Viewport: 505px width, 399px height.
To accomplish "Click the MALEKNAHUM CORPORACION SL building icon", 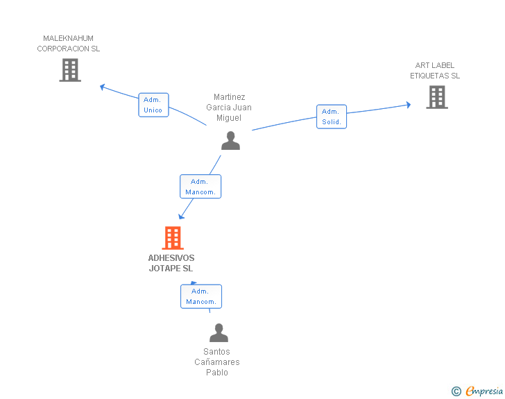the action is tap(70, 70).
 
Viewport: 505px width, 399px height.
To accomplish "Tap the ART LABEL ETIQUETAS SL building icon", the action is tap(437, 97).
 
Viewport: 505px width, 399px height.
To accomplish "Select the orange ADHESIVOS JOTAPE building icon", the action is tap(173, 238).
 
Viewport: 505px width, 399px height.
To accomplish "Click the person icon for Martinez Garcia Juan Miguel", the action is tap(230, 141).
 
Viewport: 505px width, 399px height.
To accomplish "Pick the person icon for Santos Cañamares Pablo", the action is tap(219, 332).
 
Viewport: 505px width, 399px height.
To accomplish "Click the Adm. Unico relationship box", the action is tap(153, 105).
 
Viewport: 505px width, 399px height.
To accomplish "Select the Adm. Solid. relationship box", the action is tap(332, 117).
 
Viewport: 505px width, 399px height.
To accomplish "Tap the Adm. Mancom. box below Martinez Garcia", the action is tap(200, 187).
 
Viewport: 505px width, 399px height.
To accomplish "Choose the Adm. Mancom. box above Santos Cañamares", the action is tap(201, 296).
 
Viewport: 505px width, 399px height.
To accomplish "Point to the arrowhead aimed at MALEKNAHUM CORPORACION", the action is tap(103, 87).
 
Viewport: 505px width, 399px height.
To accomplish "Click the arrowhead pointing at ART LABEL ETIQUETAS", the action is tap(409, 105).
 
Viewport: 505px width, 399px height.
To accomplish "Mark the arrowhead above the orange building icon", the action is tap(181, 217).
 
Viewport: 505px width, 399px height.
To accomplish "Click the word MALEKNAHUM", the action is tap(68, 38).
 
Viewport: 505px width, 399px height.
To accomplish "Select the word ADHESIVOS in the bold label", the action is tap(171, 258).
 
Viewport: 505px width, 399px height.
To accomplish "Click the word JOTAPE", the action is tap(165, 268).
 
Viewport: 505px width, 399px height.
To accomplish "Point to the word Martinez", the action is tap(230, 97).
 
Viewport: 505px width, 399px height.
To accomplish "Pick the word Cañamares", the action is tap(217, 362).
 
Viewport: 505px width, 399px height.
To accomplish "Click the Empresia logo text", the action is tap(484, 391).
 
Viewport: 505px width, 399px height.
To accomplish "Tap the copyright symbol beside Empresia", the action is tap(456, 391).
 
